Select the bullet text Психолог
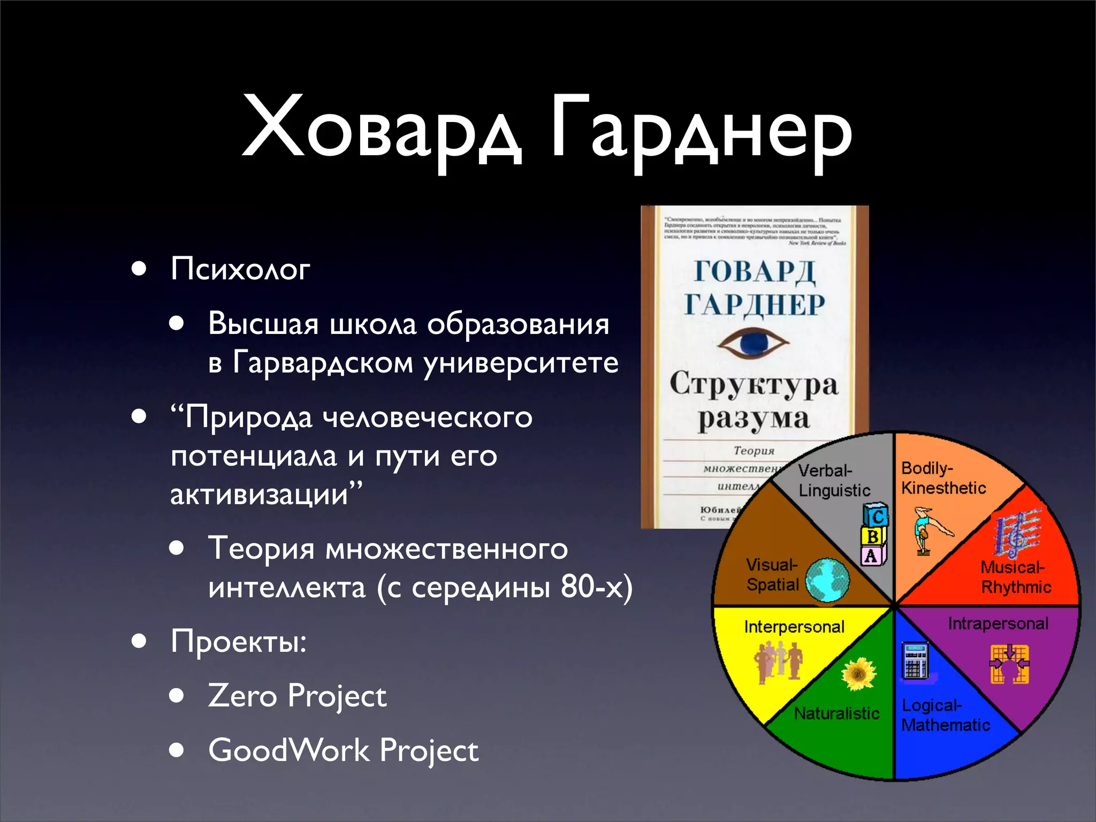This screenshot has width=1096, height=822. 240,269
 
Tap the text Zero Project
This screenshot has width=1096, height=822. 297,696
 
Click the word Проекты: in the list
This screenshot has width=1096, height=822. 239,641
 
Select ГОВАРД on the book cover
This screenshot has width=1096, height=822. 755,271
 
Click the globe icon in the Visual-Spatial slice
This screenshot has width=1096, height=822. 827,580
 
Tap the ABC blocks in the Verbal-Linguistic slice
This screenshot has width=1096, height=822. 874,535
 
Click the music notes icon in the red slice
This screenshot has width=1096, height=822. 1017,533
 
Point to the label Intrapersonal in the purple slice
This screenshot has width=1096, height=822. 998,623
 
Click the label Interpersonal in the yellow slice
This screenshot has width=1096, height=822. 794,627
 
